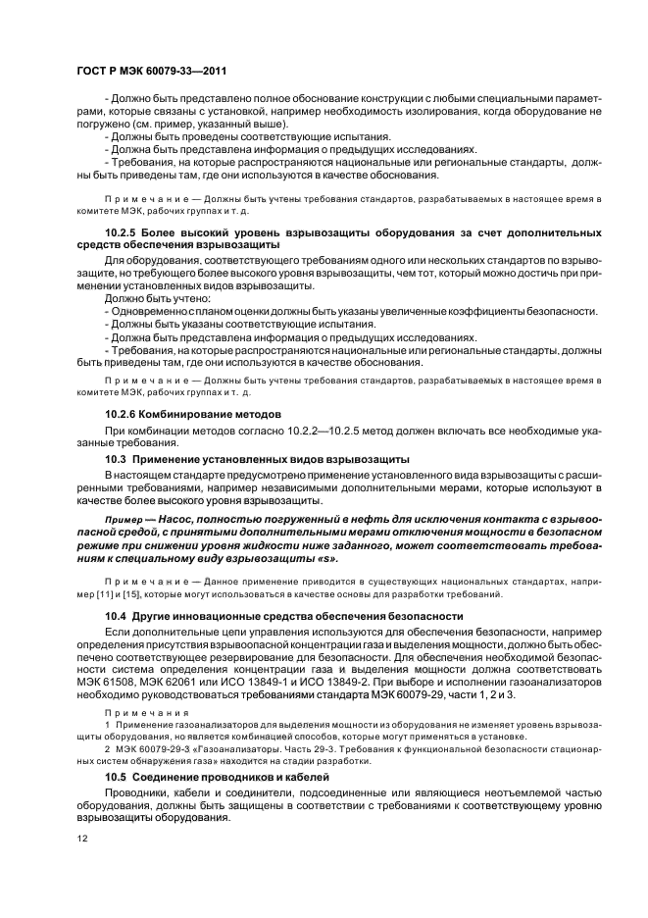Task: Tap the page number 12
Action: pyautogui.click(x=82, y=841)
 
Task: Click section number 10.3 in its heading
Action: pyautogui.click(x=116, y=459)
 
